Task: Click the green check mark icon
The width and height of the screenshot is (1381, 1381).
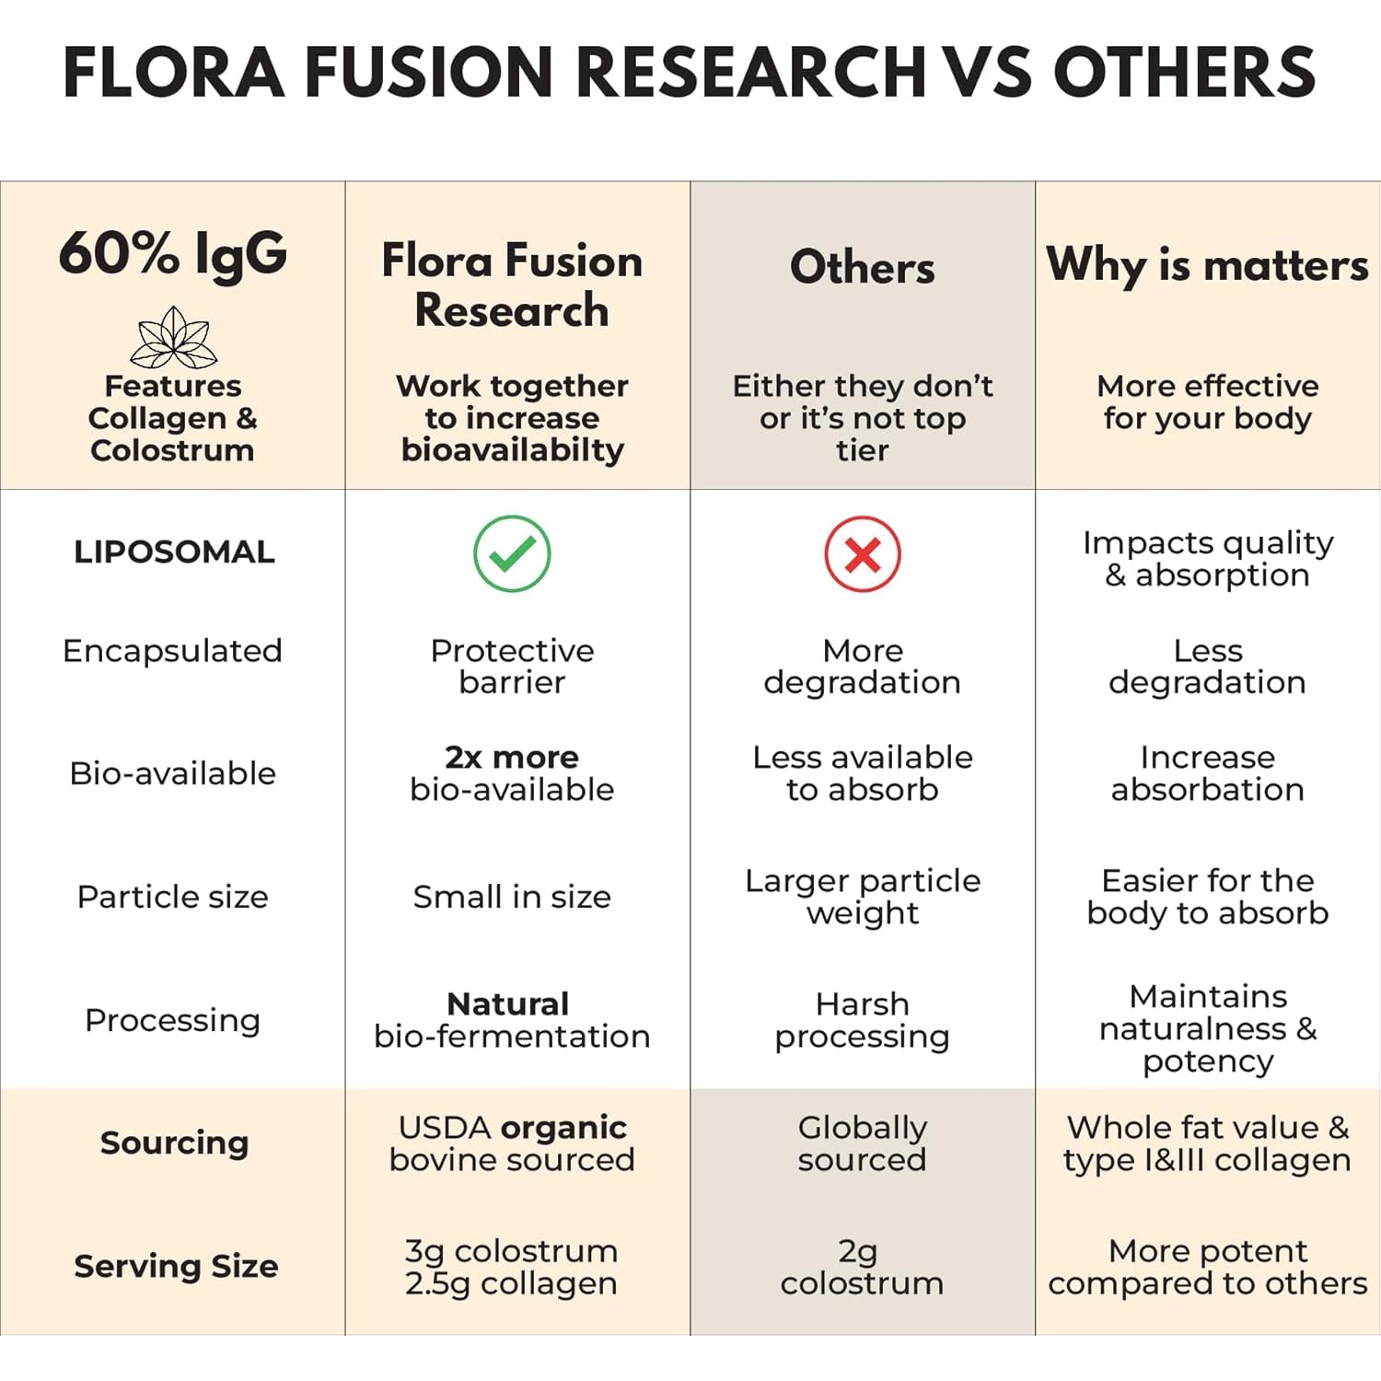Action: click(512, 553)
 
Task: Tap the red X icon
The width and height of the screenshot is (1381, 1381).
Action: click(863, 554)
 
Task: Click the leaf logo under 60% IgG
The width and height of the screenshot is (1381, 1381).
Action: click(173, 338)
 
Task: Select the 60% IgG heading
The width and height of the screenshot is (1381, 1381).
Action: click(173, 254)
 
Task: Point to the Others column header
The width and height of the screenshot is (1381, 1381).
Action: click(863, 267)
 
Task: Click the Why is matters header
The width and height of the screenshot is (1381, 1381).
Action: click(1208, 265)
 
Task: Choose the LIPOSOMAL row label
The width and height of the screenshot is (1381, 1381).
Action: click(174, 551)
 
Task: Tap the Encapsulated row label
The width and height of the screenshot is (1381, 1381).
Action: click(172, 651)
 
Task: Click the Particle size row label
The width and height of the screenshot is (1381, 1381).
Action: click(172, 897)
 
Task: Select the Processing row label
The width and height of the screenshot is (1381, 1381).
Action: click(172, 1020)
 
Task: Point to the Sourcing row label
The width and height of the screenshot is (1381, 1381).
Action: click(174, 1143)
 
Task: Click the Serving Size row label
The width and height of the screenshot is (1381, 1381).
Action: click(176, 1266)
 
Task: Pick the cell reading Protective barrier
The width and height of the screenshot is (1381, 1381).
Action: click(512, 667)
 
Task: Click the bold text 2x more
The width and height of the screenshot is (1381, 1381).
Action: click(512, 757)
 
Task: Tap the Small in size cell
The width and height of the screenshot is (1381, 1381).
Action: click(512, 897)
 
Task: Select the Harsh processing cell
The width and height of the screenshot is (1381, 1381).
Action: click(863, 1020)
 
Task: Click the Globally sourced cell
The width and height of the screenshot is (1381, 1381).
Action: click(863, 1143)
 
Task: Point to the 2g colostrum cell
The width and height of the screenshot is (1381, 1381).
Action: click(863, 1267)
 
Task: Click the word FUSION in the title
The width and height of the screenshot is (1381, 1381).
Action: click(429, 72)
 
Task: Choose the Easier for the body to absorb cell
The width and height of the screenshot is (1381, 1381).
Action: click(1208, 897)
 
